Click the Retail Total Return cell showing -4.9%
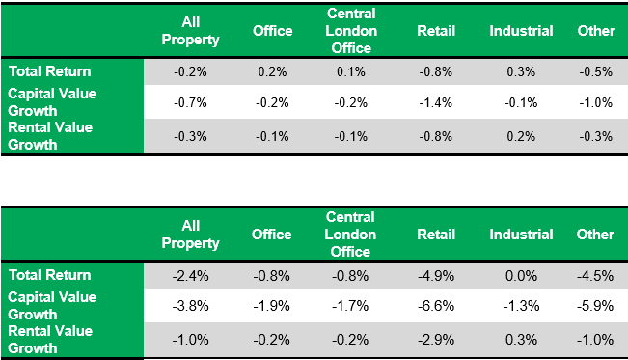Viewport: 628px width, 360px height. pos(436,275)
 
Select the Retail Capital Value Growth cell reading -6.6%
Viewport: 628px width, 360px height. pos(436,306)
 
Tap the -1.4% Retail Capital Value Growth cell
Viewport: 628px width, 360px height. pos(436,101)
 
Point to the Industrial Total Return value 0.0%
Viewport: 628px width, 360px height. pos(521,275)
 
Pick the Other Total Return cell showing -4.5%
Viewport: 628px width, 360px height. pos(595,275)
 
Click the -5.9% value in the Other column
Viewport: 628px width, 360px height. pos(595,306)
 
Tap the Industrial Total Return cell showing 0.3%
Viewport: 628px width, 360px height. pos(521,70)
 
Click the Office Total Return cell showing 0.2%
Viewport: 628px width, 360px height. pos(272,70)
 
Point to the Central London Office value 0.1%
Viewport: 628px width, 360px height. pos(350,70)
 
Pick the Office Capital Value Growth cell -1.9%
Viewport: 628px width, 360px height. pos(272,306)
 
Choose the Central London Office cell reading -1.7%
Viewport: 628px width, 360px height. pos(350,306)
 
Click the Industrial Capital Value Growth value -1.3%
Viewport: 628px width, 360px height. pos(521,306)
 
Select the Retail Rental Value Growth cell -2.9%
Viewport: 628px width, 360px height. pos(436,339)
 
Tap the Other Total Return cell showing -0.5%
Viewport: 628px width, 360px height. pos(595,70)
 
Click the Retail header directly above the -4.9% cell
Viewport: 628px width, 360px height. pos(436,235)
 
